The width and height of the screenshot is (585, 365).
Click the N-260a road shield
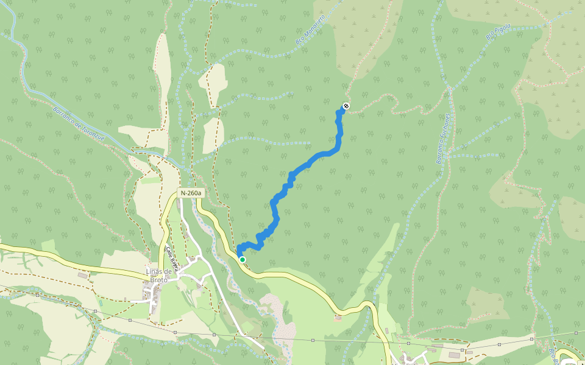(190, 193)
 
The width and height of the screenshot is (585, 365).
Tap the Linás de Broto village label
(156, 275)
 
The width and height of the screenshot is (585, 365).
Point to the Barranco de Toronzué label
(79, 126)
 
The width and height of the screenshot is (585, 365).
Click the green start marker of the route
(243, 260)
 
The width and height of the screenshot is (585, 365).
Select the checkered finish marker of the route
(346, 106)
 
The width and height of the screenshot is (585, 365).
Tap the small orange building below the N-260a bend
(338, 317)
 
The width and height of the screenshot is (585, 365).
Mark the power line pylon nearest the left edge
(37, 296)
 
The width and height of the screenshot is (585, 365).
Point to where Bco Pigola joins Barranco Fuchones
(450, 89)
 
